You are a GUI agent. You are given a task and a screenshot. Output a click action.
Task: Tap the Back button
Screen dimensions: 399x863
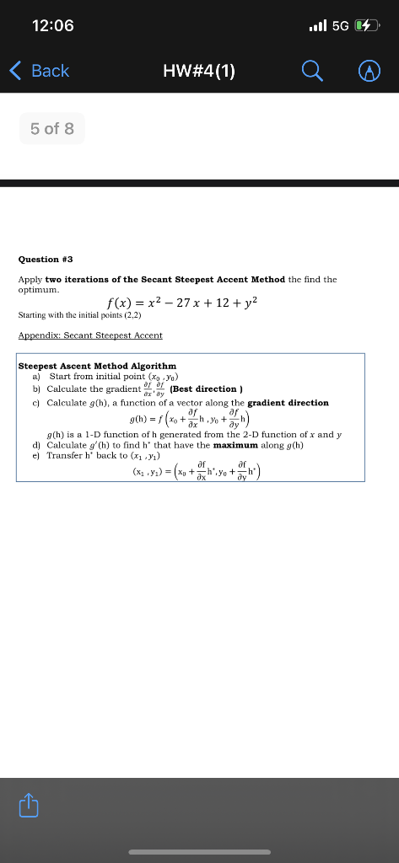[40, 71]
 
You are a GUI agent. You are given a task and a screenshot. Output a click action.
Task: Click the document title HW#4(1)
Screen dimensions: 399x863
[199, 71]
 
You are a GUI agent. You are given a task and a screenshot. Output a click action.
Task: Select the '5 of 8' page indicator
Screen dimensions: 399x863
[51, 129]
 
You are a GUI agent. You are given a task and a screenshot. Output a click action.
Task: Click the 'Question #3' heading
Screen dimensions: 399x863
[51, 260]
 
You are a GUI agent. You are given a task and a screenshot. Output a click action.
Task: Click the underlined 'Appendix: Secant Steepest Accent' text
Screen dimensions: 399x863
[90, 335]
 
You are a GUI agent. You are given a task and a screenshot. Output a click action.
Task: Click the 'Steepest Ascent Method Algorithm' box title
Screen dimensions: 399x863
[98, 366]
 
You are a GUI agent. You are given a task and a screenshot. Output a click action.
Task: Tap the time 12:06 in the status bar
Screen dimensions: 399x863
[52, 25]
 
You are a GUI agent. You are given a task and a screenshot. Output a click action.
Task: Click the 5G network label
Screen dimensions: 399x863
[340, 26]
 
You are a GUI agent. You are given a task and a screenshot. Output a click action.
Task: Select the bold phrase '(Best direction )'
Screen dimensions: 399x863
[207, 389]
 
